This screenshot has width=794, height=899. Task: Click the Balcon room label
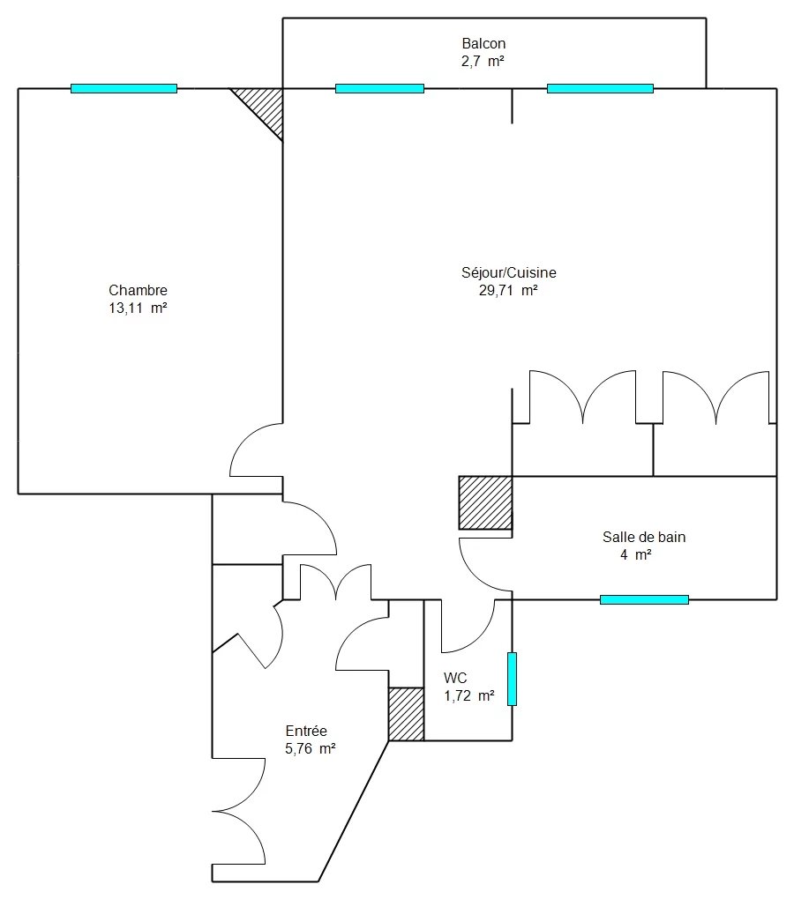tap(483, 43)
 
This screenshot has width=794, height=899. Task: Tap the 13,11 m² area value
tap(138, 308)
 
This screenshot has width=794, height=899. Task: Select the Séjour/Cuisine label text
tap(508, 272)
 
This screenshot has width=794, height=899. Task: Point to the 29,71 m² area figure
tap(508, 290)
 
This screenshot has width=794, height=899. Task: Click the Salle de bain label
tap(644, 538)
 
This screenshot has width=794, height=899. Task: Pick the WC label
tap(455, 679)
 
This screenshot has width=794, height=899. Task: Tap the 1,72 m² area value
tap(468, 696)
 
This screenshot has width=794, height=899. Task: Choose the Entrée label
tap(306, 731)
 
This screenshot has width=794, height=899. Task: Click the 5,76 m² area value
tap(310, 749)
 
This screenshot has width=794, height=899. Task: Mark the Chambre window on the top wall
tap(124, 88)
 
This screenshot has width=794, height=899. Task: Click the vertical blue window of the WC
tap(512, 679)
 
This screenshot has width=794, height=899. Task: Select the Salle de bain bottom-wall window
tap(644, 599)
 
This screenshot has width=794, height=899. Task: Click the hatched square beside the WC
tap(406, 714)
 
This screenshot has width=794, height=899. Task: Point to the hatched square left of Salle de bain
tap(485, 502)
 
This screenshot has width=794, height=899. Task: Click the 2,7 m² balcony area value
tap(483, 62)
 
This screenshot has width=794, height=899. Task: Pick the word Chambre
tap(138, 290)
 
